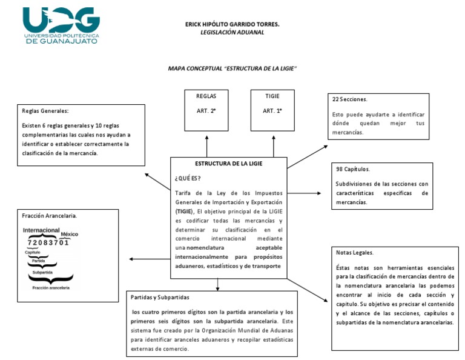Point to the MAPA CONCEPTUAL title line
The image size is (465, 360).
click(x=232, y=68)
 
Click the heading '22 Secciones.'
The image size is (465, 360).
click(x=351, y=98)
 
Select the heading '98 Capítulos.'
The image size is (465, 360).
click(x=352, y=170)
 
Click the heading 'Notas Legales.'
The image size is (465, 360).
click(x=354, y=252)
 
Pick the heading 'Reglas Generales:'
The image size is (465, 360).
click(x=45, y=111)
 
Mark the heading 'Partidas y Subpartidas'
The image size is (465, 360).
click(x=160, y=298)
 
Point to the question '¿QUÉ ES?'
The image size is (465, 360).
click(x=188, y=178)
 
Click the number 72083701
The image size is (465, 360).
click(x=48, y=242)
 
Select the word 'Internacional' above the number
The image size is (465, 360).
click(x=41, y=230)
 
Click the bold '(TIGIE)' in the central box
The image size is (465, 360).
click(x=185, y=212)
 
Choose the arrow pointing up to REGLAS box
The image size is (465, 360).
click(x=206, y=145)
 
